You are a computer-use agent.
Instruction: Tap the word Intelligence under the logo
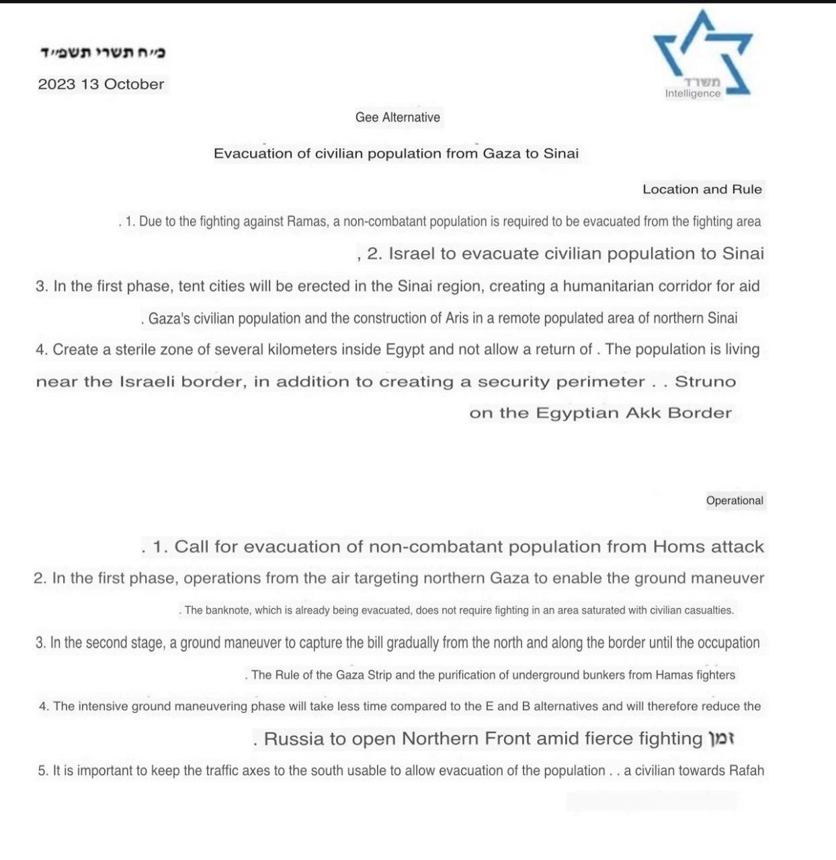[693, 93]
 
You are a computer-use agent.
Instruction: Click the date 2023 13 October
[101, 85]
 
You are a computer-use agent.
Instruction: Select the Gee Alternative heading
[398, 118]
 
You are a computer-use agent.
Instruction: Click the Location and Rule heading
[702, 189]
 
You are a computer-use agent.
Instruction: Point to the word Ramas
[307, 222]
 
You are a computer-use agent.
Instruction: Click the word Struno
[706, 382]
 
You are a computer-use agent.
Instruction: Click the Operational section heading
[735, 501]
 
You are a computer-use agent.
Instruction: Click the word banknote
[227, 611]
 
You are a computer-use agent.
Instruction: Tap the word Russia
[294, 739]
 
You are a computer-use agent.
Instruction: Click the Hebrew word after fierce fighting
[722, 739]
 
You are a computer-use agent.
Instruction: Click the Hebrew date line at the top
[103, 52]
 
